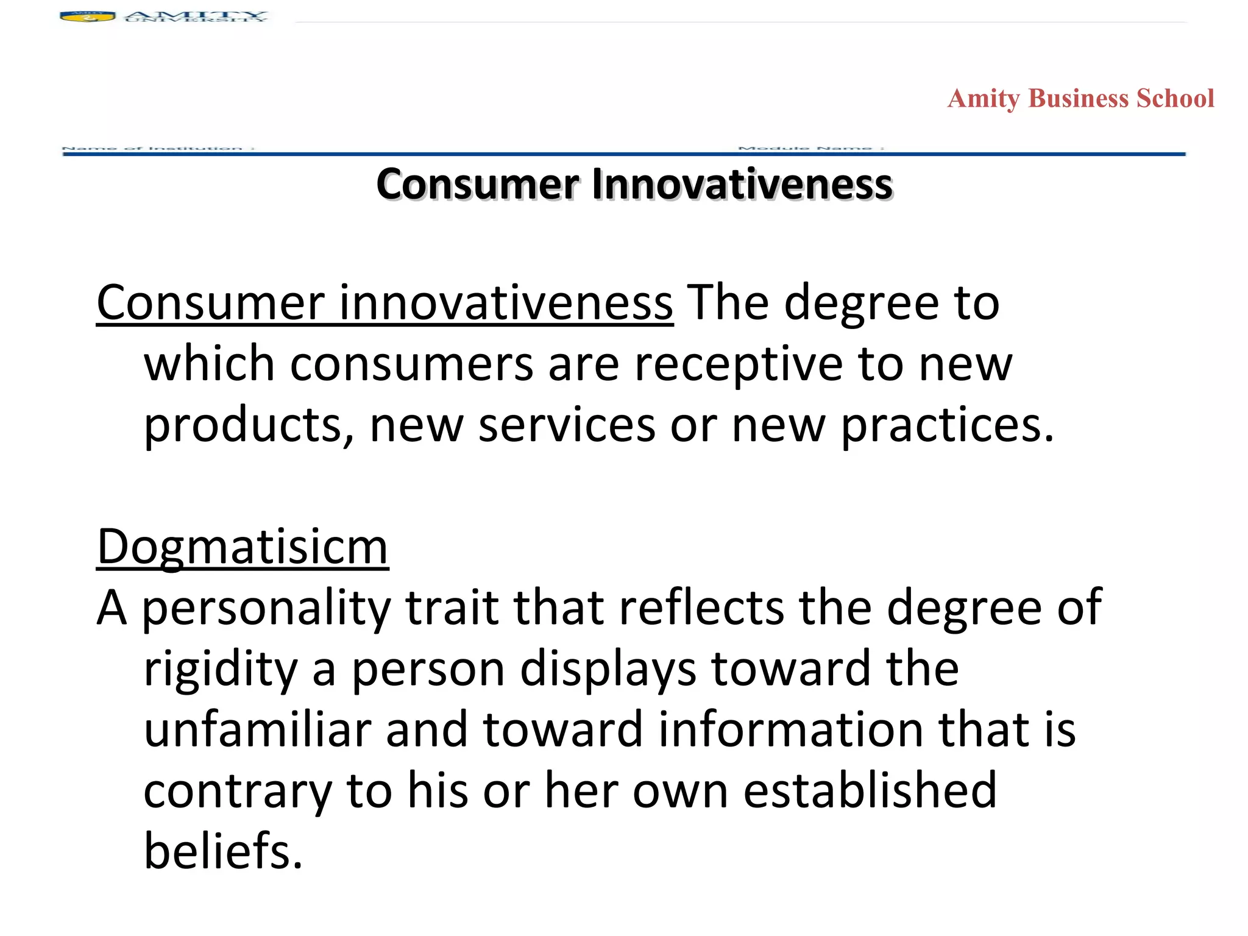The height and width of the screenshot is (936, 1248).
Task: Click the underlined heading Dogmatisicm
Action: click(x=243, y=547)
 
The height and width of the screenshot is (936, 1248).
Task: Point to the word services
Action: click(x=567, y=425)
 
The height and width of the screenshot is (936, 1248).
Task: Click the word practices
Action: click(x=947, y=425)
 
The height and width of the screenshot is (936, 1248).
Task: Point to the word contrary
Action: click(x=238, y=791)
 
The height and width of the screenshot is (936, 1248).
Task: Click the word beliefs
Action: click(x=223, y=852)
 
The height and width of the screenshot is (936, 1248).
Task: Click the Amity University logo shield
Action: click(x=87, y=16)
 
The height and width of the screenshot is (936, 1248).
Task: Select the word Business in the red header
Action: click(x=1078, y=99)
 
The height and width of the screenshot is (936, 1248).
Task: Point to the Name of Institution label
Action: click(x=158, y=148)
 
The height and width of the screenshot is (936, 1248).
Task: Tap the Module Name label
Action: click(x=810, y=148)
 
